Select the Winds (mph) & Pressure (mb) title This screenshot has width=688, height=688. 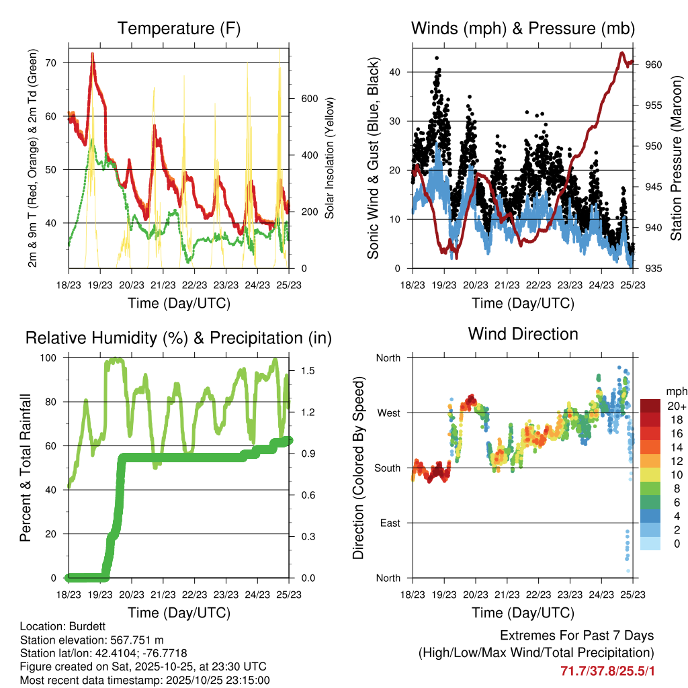523,28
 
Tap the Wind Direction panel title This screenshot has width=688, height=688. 523,333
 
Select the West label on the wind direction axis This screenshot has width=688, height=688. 388,413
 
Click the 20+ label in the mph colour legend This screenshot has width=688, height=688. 675,406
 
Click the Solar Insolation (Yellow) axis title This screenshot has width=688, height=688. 329,158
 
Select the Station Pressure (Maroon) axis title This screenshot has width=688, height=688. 676,158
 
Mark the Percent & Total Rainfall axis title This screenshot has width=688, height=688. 26,467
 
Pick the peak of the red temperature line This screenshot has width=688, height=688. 93,53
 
